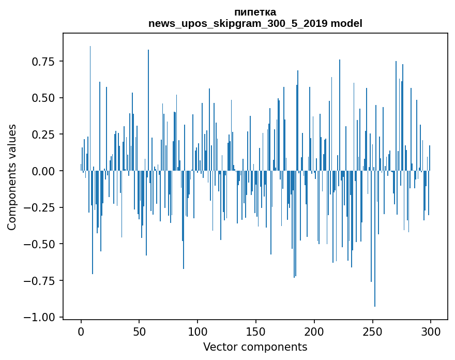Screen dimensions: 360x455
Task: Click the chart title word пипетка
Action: pos(255,12)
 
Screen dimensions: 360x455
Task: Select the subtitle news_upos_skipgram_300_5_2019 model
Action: pos(255,23)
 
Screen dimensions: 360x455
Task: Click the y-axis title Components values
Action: pos(12,177)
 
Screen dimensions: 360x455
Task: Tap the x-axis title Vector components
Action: pos(255,347)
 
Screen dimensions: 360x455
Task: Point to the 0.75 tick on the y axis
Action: pos(44,62)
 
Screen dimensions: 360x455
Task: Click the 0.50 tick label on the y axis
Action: pos(44,98)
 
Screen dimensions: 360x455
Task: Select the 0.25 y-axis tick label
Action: pos(44,134)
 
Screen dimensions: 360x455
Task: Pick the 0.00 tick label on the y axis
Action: pos(44,171)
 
